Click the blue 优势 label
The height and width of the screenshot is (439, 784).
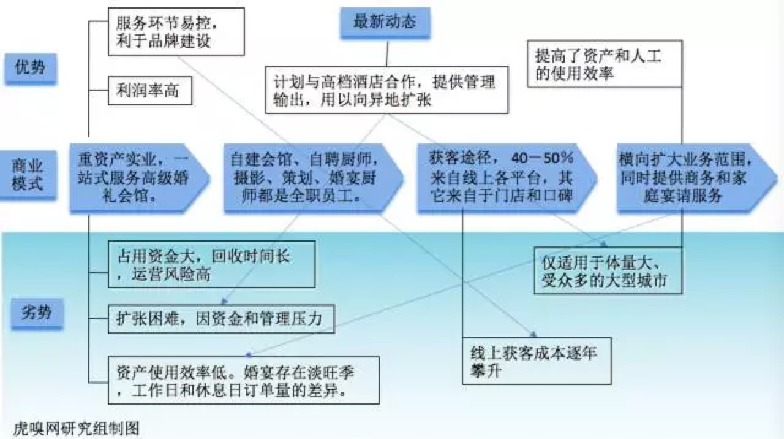(30, 67)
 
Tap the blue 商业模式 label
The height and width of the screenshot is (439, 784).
(30, 174)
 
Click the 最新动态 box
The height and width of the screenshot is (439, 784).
(384, 22)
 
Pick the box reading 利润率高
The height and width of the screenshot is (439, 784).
(150, 92)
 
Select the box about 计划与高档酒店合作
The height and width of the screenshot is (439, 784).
(386, 91)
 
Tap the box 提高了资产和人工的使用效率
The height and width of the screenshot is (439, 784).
(605, 64)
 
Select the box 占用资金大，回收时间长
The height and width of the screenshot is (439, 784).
(212, 264)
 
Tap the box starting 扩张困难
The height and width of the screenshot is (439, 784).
(221, 319)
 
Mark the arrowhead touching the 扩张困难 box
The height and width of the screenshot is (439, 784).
(222, 302)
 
